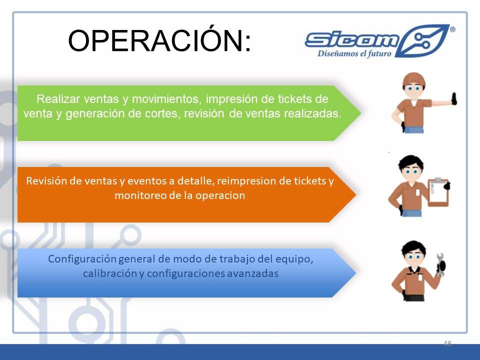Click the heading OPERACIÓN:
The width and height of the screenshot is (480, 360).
pos(159,40)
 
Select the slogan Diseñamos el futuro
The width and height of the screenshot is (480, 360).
pos(354,53)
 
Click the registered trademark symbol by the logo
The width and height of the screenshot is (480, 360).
pos(452,29)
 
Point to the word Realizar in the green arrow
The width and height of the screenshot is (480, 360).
pos(58,99)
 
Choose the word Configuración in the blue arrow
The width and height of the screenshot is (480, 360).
pos(82,259)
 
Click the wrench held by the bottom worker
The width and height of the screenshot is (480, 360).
pos(440,264)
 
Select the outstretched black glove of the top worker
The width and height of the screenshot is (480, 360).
pos(454,99)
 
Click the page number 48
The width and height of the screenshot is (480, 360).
pos(447,343)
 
